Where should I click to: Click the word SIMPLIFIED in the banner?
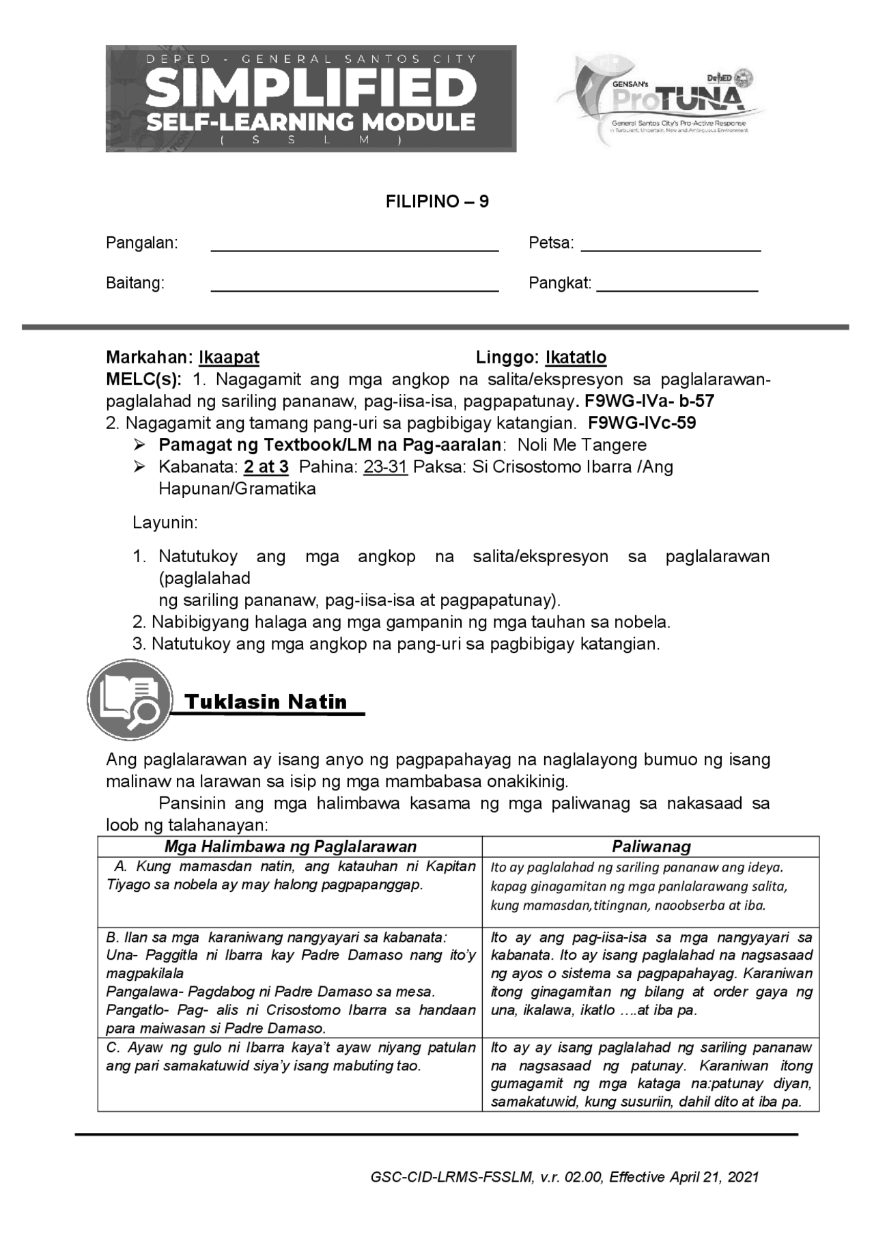[311, 89]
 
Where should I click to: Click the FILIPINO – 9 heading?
[437, 201]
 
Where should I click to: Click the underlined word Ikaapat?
[229, 357]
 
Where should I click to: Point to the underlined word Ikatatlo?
[576, 357]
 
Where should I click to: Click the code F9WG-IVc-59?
[642, 423]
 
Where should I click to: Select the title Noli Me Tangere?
[582, 445]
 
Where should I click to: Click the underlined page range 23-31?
[385, 467]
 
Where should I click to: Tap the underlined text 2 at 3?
[266, 467]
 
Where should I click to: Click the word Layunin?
[165, 523]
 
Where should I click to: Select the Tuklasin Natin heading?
[266, 701]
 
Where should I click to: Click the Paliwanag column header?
[651, 846]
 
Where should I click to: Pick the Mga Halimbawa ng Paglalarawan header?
[290, 846]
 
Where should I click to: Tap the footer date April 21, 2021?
[714, 1177]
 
